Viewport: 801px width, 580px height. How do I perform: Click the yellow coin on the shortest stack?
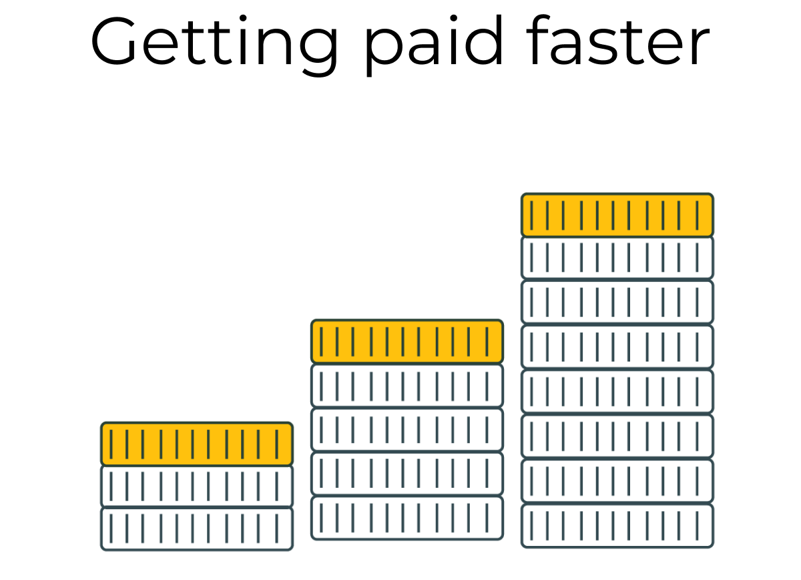pyautogui.click(x=197, y=444)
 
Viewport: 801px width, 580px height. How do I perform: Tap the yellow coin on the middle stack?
pyautogui.click(x=407, y=341)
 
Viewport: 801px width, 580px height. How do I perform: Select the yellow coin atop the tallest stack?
pyautogui.click(x=617, y=214)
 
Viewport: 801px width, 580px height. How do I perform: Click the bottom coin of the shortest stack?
pyautogui.click(x=197, y=529)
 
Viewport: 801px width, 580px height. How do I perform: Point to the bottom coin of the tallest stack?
pyautogui.click(x=617, y=526)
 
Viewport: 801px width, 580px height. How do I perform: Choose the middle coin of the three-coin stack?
pyautogui.click(x=197, y=486)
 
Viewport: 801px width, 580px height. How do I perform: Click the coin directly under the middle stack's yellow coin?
pyautogui.click(x=407, y=386)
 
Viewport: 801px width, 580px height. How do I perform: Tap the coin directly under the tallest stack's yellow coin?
pyautogui.click(x=617, y=257)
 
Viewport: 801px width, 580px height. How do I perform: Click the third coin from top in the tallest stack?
pyautogui.click(x=617, y=302)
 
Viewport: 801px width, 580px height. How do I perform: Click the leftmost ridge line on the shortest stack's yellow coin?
pyautogui.click(x=111, y=444)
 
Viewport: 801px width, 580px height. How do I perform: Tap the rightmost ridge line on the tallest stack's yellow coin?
pyautogui.click(x=697, y=214)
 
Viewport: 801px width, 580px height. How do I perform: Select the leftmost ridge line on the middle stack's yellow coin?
pyautogui.click(x=321, y=341)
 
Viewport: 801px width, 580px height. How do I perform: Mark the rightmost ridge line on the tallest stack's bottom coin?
pyautogui.click(x=697, y=526)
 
